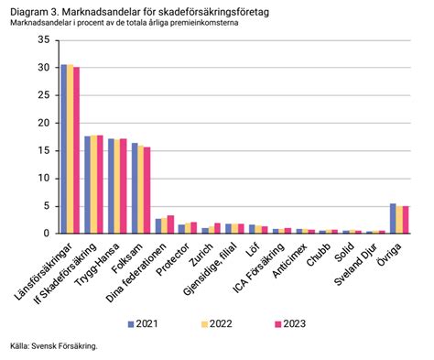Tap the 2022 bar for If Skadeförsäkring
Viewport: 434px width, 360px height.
[x=93, y=184]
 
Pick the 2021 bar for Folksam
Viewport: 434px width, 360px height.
[x=135, y=188]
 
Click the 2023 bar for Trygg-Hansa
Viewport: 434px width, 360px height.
[x=123, y=186]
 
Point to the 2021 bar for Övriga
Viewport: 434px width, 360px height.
[x=393, y=218]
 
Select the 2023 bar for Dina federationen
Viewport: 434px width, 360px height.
[x=170, y=224]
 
